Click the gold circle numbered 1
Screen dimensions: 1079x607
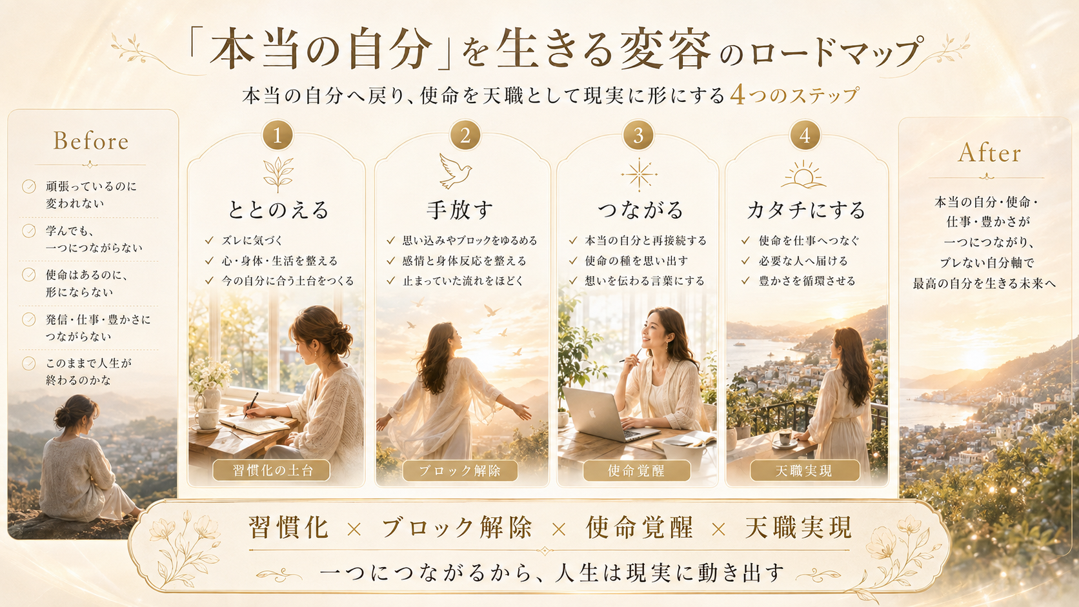(x=277, y=135)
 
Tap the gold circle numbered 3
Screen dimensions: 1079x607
(x=638, y=135)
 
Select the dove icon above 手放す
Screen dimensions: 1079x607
(x=455, y=171)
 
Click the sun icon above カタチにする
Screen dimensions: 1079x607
(x=803, y=174)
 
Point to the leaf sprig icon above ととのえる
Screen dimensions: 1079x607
(x=278, y=174)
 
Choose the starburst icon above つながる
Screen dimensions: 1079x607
(x=640, y=174)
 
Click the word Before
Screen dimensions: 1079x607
(x=91, y=141)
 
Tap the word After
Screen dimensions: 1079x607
(x=989, y=153)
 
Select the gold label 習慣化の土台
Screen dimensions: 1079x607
(x=272, y=470)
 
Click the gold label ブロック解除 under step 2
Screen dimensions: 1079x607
(x=460, y=470)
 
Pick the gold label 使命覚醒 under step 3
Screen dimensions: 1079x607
(x=636, y=470)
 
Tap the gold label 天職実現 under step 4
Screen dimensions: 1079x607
(x=805, y=470)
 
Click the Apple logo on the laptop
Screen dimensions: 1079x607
(x=592, y=413)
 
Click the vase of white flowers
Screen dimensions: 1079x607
(x=210, y=385)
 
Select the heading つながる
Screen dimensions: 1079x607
(x=640, y=210)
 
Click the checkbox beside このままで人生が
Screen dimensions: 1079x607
(x=29, y=363)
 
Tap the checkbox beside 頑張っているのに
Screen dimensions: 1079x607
(x=29, y=186)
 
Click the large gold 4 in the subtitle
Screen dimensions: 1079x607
(x=738, y=95)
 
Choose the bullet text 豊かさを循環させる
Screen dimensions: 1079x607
(x=807, y=281)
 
